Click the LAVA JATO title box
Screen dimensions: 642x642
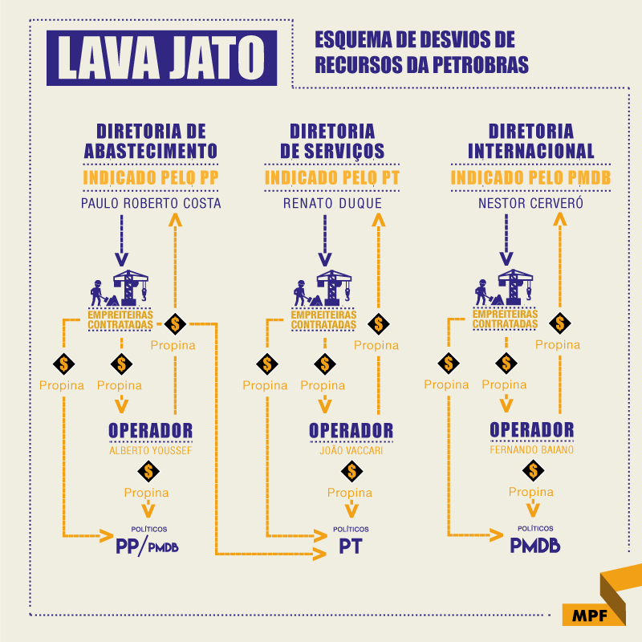tap(160, 58)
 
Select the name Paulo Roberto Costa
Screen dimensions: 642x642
tap(151, 203)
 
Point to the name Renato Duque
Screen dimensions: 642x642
tap(332, 203)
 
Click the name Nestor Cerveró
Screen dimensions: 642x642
tap(530, 203)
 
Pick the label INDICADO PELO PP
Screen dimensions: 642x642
tap(151, 178)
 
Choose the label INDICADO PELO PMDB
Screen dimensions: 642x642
tap(530, 178)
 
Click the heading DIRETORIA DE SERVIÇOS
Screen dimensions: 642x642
tap(332, 141)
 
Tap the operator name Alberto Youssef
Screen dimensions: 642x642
tap(151, 450)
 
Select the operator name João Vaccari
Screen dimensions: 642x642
tap(351, 450)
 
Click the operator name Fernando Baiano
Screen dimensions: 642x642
tap(532, 450)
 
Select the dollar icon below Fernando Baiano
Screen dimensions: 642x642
tap(530, 471)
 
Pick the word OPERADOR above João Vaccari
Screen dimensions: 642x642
tap(351, 430)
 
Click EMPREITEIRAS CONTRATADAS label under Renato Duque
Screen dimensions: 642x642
tap(323, 320)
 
